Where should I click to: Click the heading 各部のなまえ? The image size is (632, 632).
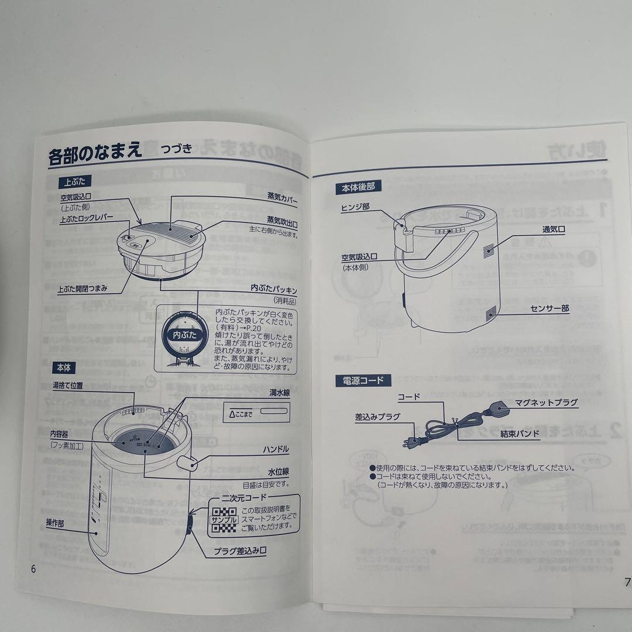tap(96, 156)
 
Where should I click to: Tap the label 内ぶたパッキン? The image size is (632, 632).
tap(274, 290)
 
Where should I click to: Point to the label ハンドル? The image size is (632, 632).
tap(276, 449)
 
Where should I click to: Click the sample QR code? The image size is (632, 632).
tap(223, 520)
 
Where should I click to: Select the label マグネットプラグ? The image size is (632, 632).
tap(546, 402)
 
